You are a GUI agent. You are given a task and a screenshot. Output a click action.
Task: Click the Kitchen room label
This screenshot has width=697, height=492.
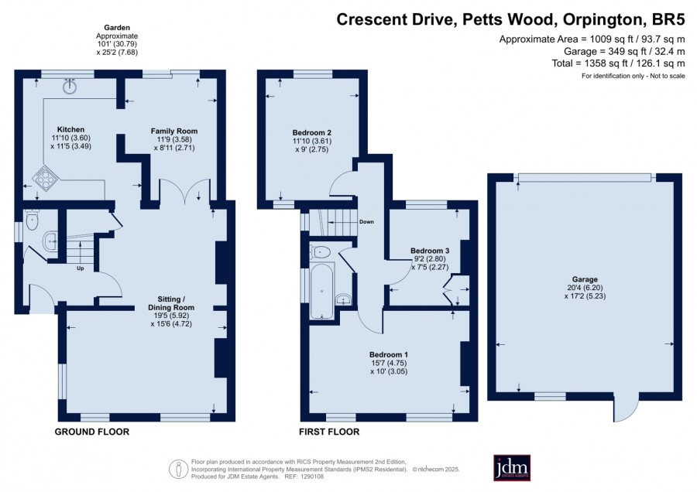click(70, 130)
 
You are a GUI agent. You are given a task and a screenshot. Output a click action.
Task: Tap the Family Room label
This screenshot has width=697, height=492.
click(174, 131)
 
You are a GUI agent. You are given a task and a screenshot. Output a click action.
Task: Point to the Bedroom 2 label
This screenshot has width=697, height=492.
click(311, 133)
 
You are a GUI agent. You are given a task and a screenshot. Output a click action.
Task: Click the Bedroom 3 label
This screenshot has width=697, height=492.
click(430, 251)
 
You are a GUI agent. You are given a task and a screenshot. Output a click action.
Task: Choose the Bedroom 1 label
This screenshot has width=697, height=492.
click(389, 355)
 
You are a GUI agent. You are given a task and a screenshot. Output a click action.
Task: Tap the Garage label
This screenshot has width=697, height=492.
click(585, 279)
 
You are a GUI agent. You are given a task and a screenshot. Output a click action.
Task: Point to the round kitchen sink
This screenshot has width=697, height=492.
click(70, 87)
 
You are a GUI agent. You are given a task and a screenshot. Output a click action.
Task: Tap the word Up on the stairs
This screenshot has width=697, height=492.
click(81, 268)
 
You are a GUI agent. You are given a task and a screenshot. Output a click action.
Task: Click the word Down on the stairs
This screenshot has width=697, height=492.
click(367, 221)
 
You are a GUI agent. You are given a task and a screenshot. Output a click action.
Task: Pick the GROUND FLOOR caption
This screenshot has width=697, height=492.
click(92, 432)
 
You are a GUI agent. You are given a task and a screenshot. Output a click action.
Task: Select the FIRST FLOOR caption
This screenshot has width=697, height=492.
click(329, 432)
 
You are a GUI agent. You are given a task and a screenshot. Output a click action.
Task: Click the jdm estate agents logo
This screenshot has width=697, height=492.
click(512, 467)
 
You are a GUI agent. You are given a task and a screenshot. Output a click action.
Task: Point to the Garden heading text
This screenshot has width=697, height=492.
click(118, 28)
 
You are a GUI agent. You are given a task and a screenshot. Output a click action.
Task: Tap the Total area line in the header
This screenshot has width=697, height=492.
click(618, 63)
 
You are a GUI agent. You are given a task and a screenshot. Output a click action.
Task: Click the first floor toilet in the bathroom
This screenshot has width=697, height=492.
click(320, 251)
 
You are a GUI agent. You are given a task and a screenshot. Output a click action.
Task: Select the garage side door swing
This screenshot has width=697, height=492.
click(627, 408)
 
